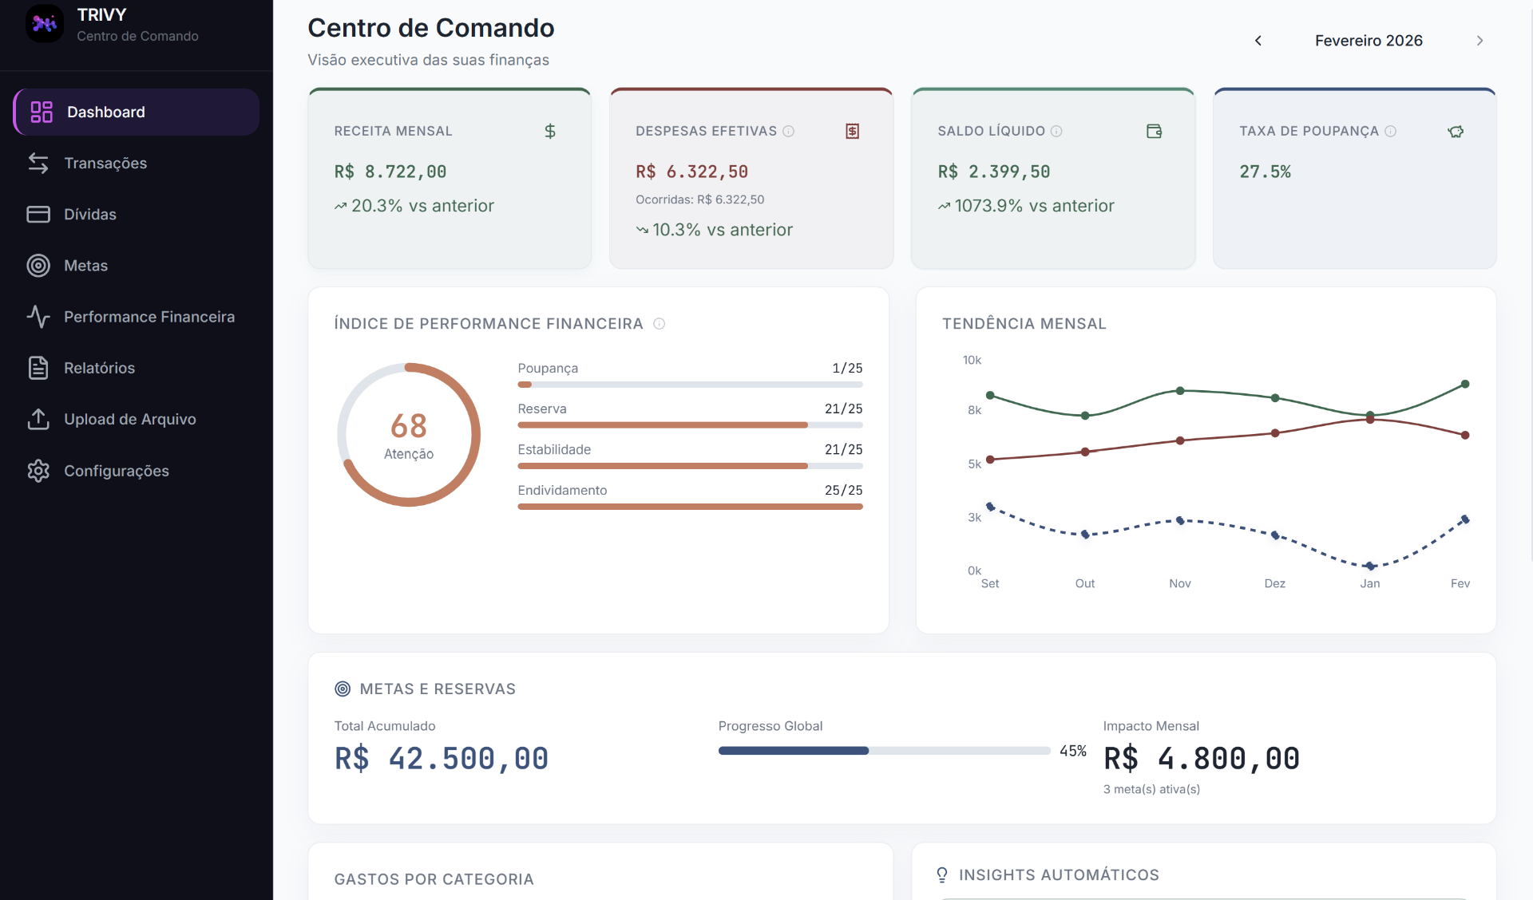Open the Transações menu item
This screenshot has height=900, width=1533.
tap(105, 164)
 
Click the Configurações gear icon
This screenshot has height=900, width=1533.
tap(38, 471)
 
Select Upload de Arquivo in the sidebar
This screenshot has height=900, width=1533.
tap(129, 420)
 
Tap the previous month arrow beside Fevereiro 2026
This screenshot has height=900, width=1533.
tap(1258, 41)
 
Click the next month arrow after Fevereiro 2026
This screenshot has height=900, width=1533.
tap(1480, 41)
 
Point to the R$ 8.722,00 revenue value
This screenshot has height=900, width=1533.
tap(390, 172)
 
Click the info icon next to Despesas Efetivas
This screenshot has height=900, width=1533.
tap(789, 132)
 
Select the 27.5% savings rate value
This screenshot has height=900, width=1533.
tap(1265, 172)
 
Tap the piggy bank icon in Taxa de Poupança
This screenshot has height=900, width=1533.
tap(1456, 132)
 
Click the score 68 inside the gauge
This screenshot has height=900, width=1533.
tap(408, 426)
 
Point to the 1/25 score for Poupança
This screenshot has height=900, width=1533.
tap(847, 369)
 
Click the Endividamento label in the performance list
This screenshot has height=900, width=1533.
tap(562, 491)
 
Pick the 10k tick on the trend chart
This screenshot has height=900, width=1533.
tap(972, 361)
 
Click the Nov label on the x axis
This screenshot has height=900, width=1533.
tap(1179, 584)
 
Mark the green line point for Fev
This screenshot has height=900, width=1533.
tap(1465, 385)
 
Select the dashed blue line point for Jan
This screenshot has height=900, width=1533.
tap(1370, 566)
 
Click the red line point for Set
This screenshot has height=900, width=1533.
tap(990, 460)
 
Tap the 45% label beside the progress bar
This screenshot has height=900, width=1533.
tap(1072, 752)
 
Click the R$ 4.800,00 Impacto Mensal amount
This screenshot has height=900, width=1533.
tap(1201, 759)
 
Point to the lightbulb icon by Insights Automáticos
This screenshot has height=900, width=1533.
tap(942, 875)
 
